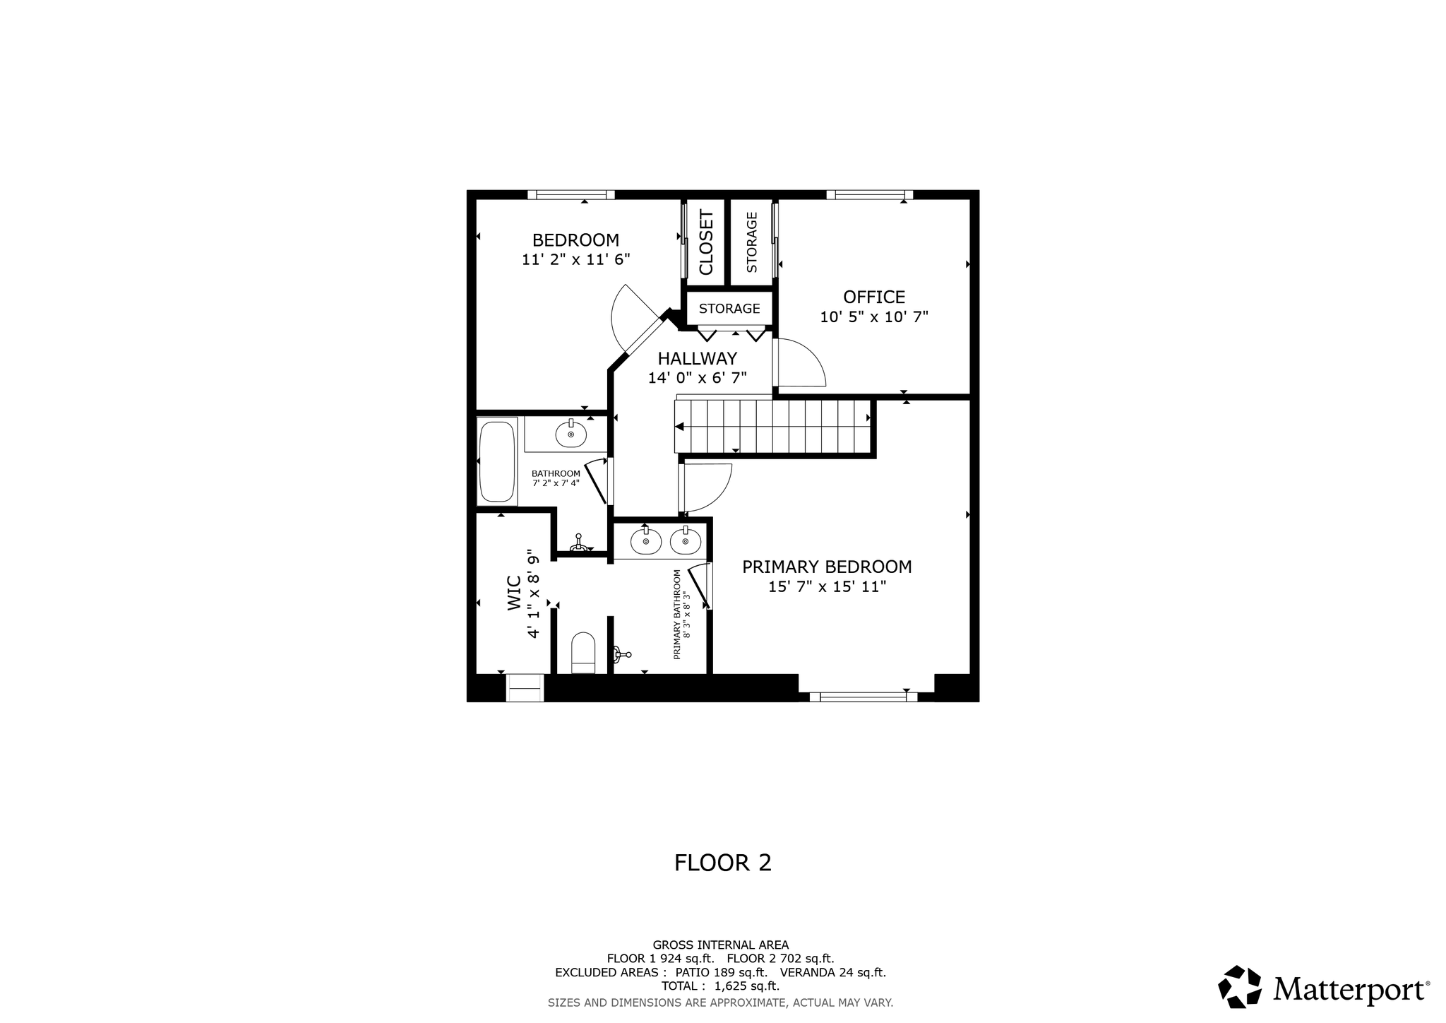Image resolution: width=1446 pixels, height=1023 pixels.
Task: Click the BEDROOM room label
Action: pyautogui.click(x=575, y=240)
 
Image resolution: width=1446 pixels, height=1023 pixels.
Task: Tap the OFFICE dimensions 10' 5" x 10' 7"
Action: pyautogui.click(x=874, y=317)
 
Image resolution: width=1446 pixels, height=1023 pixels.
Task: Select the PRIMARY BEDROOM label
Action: pyautogui.click(x=827, y=567)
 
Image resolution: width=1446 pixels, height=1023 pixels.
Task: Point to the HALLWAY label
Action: pyautogui.click(x=698, y=359)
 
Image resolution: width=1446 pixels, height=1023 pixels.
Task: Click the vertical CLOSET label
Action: pyautogui.click(x=706, y=242)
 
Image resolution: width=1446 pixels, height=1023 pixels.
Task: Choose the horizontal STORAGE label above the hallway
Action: pyautogui.click(x=729, y=309)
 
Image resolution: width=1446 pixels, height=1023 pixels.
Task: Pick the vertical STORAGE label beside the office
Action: pyautogui.click(x=751, y=242)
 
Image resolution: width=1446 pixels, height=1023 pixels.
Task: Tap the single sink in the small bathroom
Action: pyautogui.click(x=570, y=434)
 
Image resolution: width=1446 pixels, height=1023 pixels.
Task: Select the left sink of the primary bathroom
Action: pyautogui.click(x=646, y=541)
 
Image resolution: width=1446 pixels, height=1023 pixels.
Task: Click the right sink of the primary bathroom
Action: pyautogui.click(x=685, y=541)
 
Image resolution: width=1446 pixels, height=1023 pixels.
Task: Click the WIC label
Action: pyautogui.click(x=514, y=593)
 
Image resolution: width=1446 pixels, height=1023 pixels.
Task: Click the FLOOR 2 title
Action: pyautogui.click(x=723, y=863)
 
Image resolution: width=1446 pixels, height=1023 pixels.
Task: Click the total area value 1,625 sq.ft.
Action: pyautogui.click(x=747, y=986)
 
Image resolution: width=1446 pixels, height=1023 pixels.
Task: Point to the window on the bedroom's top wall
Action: pyautogui.click(x=571, y=195)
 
